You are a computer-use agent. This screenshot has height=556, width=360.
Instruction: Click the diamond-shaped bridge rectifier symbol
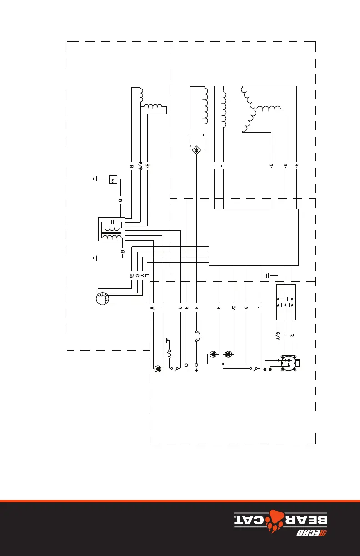tap(196, 150)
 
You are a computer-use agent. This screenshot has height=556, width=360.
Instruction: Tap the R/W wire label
tap(140, 167)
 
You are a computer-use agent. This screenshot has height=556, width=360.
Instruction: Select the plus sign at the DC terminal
tap(196, 371)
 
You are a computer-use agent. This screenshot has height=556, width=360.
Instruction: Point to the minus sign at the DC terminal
tap(186, 371)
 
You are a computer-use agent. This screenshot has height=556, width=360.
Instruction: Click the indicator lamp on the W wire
tap(157, 368)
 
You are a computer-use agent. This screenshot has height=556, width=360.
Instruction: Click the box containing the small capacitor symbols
tap(286, 302)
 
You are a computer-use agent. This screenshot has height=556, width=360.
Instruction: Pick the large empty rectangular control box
tap(253, 237)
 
